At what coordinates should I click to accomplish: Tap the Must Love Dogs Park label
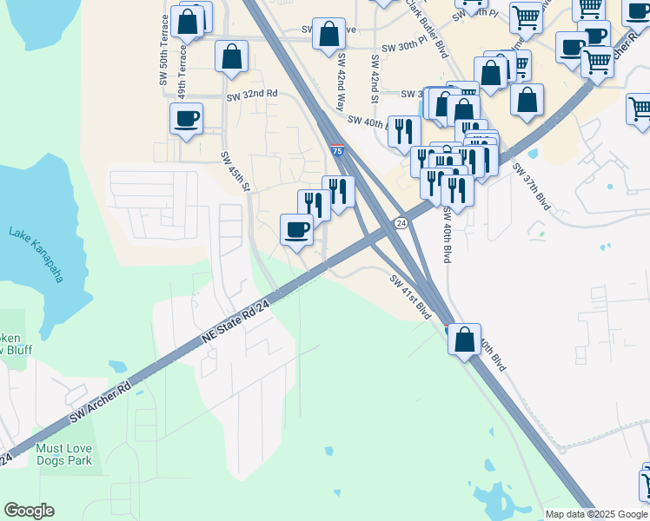point(63,454)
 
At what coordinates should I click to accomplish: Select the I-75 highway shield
point(336,150)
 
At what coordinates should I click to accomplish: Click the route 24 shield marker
point(401,223)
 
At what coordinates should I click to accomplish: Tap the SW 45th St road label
point(235,172)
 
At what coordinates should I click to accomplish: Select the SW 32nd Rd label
point(251,94)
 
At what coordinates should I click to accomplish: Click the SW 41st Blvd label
point(410,296)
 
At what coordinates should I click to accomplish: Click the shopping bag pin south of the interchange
point(465,338)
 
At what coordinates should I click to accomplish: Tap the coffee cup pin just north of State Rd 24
point(296,230)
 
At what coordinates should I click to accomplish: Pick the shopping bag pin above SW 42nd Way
point(328,35)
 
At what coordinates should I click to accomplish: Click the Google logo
point(29,511)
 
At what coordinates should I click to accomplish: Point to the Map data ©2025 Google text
point(595,514)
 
